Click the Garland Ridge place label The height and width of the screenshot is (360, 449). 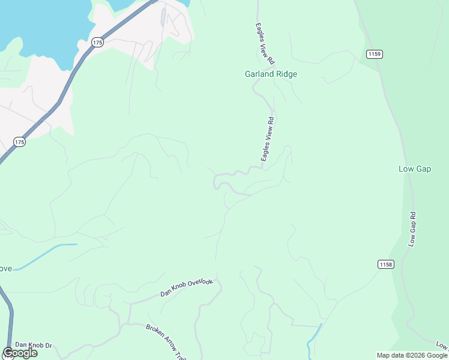[x=271, y=74]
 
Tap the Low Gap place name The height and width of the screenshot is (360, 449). [x=415, y=169]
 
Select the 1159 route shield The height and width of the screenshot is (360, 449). [x=374, y=54]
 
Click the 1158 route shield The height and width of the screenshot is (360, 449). [x=386, y=264]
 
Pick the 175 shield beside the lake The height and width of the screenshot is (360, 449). [x=98, y=42]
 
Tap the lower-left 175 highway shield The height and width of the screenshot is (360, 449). [x=19, y=142]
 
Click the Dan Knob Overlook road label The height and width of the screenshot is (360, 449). [x=186, y=287]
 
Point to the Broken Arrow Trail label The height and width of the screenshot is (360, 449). [x=166, y=343]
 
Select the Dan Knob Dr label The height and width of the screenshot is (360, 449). [x=34, y=345]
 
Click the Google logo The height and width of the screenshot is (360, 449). [x=20, y=353]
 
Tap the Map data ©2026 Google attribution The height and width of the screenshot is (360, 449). [x=412, y=355]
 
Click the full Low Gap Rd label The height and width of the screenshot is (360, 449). [x=412, y=229]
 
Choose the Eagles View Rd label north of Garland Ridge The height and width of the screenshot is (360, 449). [x=264, y=44]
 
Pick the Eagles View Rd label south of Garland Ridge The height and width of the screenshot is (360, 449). [x=267, y=139]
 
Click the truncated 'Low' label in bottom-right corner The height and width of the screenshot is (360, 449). [x=442, y=346]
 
